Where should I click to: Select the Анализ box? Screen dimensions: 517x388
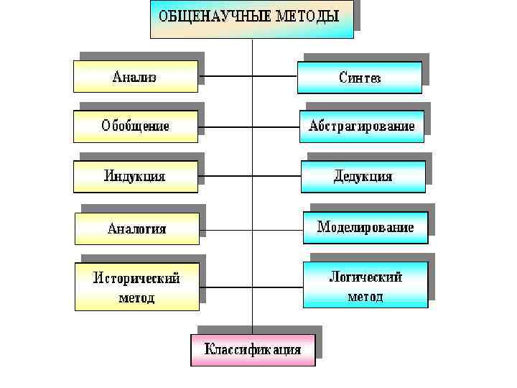click(135, 77)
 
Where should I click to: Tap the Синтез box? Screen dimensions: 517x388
click(360, 78)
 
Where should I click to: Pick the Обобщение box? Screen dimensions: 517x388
click(135, 126)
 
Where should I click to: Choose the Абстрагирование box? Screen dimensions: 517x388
click(362, 126)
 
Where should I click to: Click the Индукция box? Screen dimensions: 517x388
click(135, 176)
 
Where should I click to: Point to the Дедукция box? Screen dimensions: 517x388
click(363, 176)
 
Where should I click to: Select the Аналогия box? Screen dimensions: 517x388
click(136, 228)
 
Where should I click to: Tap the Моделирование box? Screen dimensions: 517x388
click(365, 227)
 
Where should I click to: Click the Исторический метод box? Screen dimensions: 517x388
click(137, 287)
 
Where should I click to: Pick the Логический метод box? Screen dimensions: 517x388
click(365, 285)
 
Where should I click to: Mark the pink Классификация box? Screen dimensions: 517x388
click(253, 350)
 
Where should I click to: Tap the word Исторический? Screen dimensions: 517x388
click(136, 277)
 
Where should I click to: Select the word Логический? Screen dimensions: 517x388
click(365, 276)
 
